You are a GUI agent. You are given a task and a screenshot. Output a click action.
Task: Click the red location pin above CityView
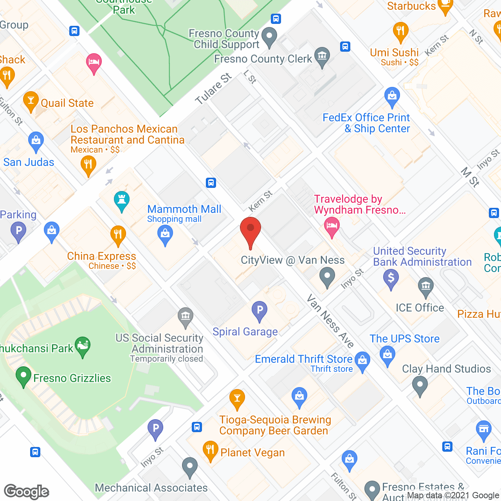pyautogui.click(x=250, y=231)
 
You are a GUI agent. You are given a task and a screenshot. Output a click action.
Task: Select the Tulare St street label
pyautogui.click(x=214, y=89)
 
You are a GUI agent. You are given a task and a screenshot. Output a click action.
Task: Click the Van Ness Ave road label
pyautogui.click(x=330, y=321)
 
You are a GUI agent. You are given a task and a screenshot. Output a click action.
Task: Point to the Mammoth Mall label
pyautogui.click(x=184, y=209)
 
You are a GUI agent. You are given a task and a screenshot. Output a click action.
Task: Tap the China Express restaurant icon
pyautogui.click(x=117, y=235)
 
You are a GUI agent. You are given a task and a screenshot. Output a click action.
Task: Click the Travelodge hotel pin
pyautogui.click(x=332, y=227)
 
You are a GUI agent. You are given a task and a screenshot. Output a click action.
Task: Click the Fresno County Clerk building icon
pyautogui.click(x=322, y=57)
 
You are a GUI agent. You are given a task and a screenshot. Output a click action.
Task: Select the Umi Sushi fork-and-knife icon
pyautogui.click(x=400, y=31)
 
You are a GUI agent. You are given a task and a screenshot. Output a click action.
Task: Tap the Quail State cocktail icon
pyautogui.click(x=31, y=101)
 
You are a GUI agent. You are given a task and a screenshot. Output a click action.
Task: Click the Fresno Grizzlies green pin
pyautogui.click(x=23, y=376)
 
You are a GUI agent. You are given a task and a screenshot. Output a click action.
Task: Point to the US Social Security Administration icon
pyautogui.click(x=186, y=317)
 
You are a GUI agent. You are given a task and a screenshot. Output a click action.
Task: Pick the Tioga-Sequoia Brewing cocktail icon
pyautogui.click(x=237, y=399)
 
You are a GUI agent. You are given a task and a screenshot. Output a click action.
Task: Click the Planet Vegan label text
pyautogui.click(x=252, y=453)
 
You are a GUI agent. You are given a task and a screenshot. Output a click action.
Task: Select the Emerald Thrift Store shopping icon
pyautogui.click(x=362, y=361)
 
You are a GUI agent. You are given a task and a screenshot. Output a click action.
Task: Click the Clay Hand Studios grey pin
pyautogui.click(x=420, y=385)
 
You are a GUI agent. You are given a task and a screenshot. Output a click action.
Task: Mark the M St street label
pyautogui.click(x=470, y=177)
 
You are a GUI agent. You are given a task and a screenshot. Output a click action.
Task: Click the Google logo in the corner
pyautogui.click(x=27, y=492)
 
